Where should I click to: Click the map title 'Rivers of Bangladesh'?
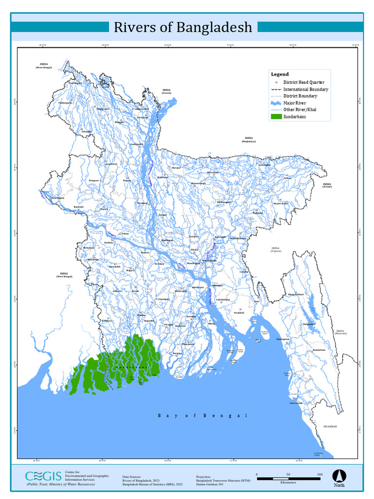tap(183, 27)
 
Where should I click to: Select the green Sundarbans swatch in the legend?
tap(276, 117)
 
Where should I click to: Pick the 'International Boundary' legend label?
tap(305, 90)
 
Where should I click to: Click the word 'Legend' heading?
tap(280, 74)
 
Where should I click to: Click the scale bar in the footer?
tap(288, 479)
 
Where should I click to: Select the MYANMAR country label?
tap(330, 426)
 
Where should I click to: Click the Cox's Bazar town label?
tap(296, 403)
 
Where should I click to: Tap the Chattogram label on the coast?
tap(285, 340)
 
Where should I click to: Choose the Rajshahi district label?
tap(78, 207)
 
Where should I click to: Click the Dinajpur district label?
tap(87, 132)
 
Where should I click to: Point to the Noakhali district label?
tap(239, 312)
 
